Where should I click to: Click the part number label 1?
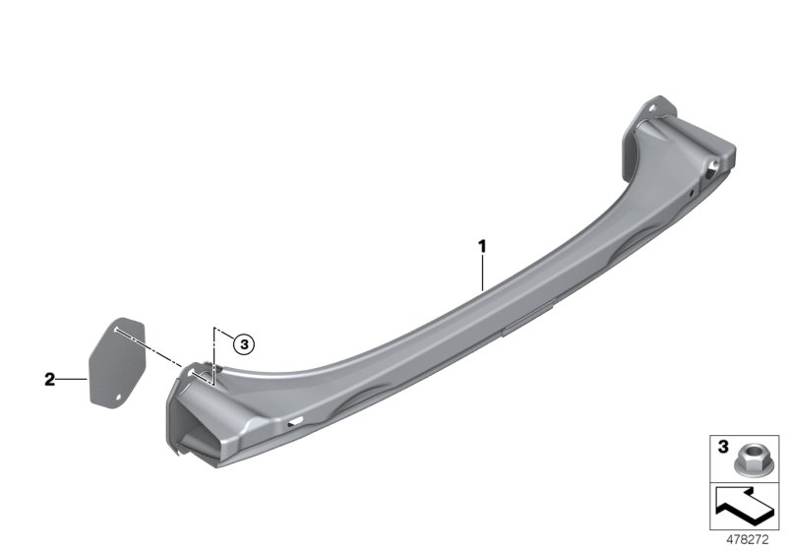(x=482, y=246)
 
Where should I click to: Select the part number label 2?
(x=49, y=380)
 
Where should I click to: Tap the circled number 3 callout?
(x=244, y=344)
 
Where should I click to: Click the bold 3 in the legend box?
(x=723, y=447)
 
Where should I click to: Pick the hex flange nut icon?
(x=747, y=460)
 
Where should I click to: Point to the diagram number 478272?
(x=748, y=540)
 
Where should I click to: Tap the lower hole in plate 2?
(x=119, y=398)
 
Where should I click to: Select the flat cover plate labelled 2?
(x=117, y=363)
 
